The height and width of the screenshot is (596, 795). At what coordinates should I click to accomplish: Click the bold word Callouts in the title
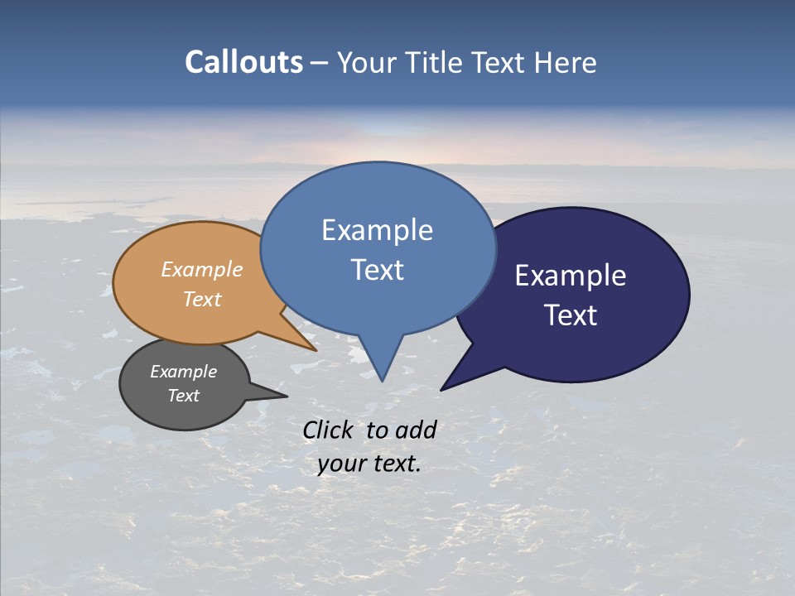[244, 62]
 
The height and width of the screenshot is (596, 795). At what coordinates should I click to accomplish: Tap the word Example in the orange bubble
[202, 269]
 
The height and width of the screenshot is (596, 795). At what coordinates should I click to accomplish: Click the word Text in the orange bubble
[202, 299]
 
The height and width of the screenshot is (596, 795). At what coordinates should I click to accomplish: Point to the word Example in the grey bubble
[184, 372]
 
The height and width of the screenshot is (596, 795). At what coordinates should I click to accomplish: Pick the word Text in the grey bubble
[184, 396]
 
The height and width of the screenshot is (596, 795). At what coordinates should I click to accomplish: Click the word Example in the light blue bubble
[377, 230]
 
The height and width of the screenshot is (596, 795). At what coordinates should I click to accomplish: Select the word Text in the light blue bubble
[377, 270]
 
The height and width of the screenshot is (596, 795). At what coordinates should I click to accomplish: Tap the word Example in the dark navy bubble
[571, 276]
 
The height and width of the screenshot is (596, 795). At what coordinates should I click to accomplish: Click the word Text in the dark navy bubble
[571, 315]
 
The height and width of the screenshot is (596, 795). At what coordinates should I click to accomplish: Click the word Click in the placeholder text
[330, 430]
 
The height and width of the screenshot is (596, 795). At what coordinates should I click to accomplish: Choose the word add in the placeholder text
[415, 430]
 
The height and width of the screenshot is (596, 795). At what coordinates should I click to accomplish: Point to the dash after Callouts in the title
[320, 63]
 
